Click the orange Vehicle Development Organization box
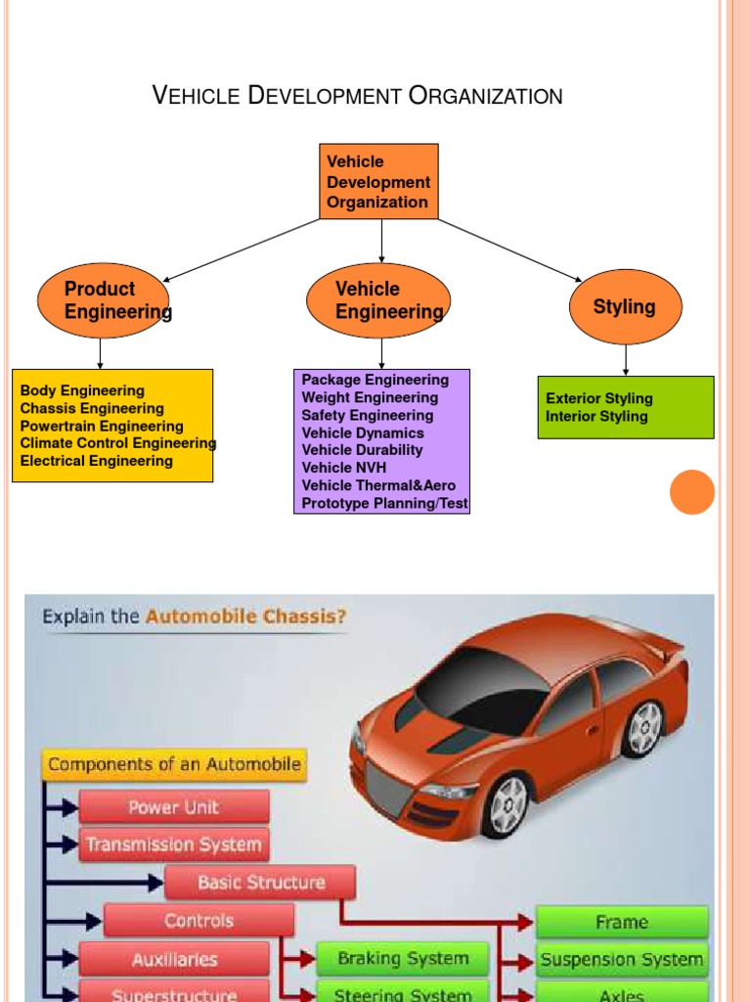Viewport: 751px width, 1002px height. coord(379,181)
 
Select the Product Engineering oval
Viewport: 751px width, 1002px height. coord(104,300)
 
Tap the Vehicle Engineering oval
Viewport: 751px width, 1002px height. coord(378,300)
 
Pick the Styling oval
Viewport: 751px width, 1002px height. coord(625,307)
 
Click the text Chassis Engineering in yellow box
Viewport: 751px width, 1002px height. coord(92,409)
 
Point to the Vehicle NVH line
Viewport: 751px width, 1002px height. coord(344,468)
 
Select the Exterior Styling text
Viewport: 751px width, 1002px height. coord(598,398)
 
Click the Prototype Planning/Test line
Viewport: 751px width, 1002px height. coord(384,504)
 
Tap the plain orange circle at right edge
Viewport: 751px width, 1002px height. coord(692,491)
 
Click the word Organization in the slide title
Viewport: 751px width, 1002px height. coord(485,96)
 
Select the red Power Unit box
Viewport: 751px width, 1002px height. coord(174,807)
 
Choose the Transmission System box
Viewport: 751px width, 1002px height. coord(174,844)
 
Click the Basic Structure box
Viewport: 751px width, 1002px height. coord(260,883)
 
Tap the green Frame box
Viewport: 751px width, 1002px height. coord(622,922)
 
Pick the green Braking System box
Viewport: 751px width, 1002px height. coord(402,959)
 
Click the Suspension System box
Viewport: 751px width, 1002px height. coord(622,960)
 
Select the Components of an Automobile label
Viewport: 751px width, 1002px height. coord(174,764)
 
